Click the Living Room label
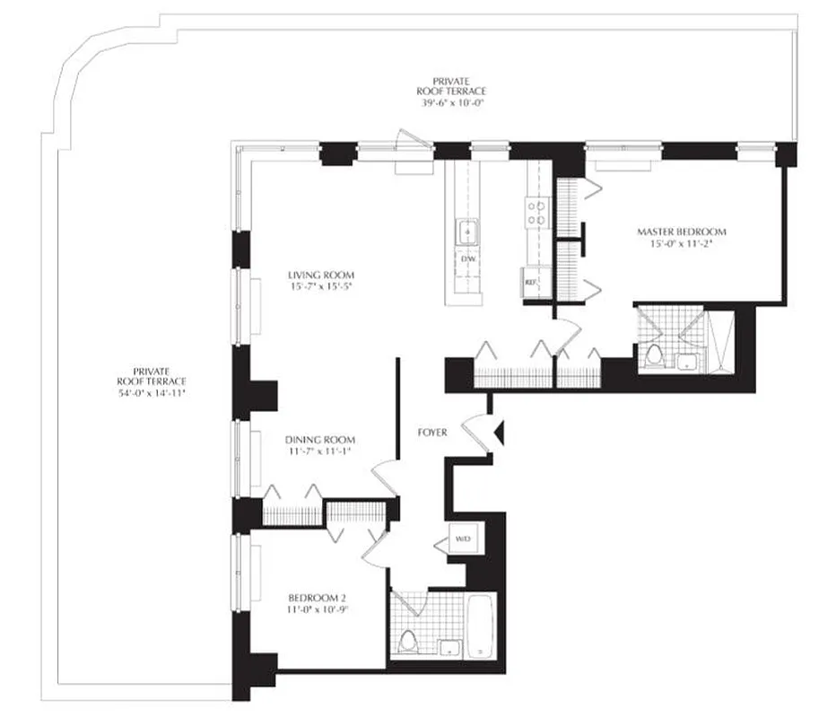pyautogui.click(x=320, y=275)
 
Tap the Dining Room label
pyautogui.click(x=320, y=440)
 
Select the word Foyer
pyautogui.click(x=432, y=433)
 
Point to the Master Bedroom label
pyautogui.click(x=682, y=232)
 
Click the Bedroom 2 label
pyautogui.click(x=318, y=599)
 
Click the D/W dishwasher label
pyautogui.click(x=466, y=259)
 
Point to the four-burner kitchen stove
pyautogui.click(x=536, y=212)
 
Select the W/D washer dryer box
pyautogui.click(x=463, y=539)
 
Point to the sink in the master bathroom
pyautogui.click(x=687, y=361)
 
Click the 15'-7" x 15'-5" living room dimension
pyautogui.click(x=320, y=287)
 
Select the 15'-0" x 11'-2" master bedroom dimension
pyautogui.click(x=682, y=243)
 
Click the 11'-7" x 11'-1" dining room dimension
pyautogui.click(x=320, y=451)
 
